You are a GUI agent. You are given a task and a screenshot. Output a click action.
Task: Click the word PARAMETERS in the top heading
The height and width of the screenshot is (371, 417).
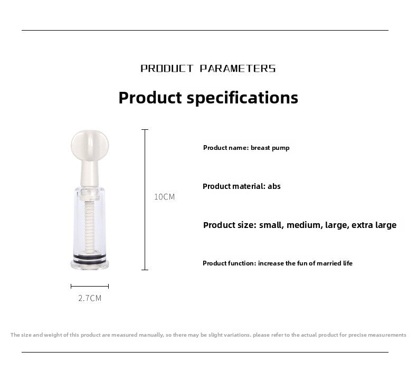[x=238, y=69]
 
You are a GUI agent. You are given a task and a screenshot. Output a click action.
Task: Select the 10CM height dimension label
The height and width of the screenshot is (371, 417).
[x=164, y=197]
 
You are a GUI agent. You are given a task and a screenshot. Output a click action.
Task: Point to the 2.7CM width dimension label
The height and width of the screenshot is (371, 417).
[x=90, y=298]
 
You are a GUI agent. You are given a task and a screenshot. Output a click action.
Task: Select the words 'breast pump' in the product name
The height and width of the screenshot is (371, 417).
[x=270, y=148]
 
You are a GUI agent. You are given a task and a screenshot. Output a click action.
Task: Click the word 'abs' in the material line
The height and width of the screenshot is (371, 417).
[x=274, y=186]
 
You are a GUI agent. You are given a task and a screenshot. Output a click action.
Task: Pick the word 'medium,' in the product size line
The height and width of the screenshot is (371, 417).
[x=303, y=225]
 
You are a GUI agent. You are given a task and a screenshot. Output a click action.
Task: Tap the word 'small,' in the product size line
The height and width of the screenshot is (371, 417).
[x=271, y=225]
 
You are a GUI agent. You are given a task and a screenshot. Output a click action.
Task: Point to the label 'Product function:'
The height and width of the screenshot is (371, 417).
[x=229, y=263]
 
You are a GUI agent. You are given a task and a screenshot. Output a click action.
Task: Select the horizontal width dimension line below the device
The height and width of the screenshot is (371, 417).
[x=90, y=286]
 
